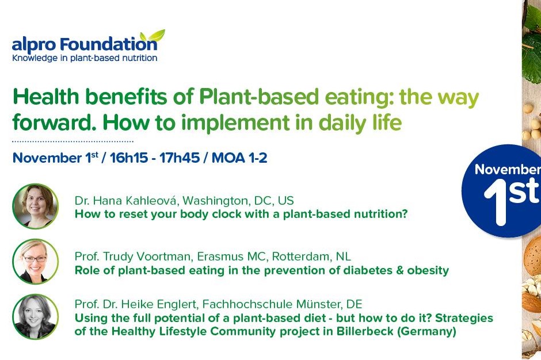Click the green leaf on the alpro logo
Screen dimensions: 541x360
[x=153, y=36]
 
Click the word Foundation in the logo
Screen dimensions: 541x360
[x=108, y=45]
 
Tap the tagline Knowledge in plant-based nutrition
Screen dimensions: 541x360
[x=85, y=58]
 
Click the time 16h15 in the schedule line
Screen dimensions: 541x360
[x=129, y=158]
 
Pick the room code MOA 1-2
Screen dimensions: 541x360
[x=239, y=158]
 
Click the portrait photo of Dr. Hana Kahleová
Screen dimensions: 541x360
[x=35, y=206]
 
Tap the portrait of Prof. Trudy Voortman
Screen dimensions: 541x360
[x=35, y=262]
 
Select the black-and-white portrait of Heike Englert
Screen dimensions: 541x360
[x=35, y=316]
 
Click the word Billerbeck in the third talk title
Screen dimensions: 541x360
[x=365, y=331]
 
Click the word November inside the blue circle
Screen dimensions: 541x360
[x=508, y=169]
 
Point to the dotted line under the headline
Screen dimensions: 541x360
[x=73, y=141]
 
